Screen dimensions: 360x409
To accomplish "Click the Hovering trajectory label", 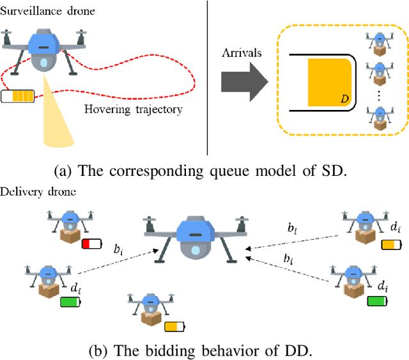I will tap(133, 109).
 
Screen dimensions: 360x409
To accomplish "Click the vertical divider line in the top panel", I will tap(208, 77).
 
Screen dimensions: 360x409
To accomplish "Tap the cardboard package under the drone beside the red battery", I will tap(68, 237).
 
